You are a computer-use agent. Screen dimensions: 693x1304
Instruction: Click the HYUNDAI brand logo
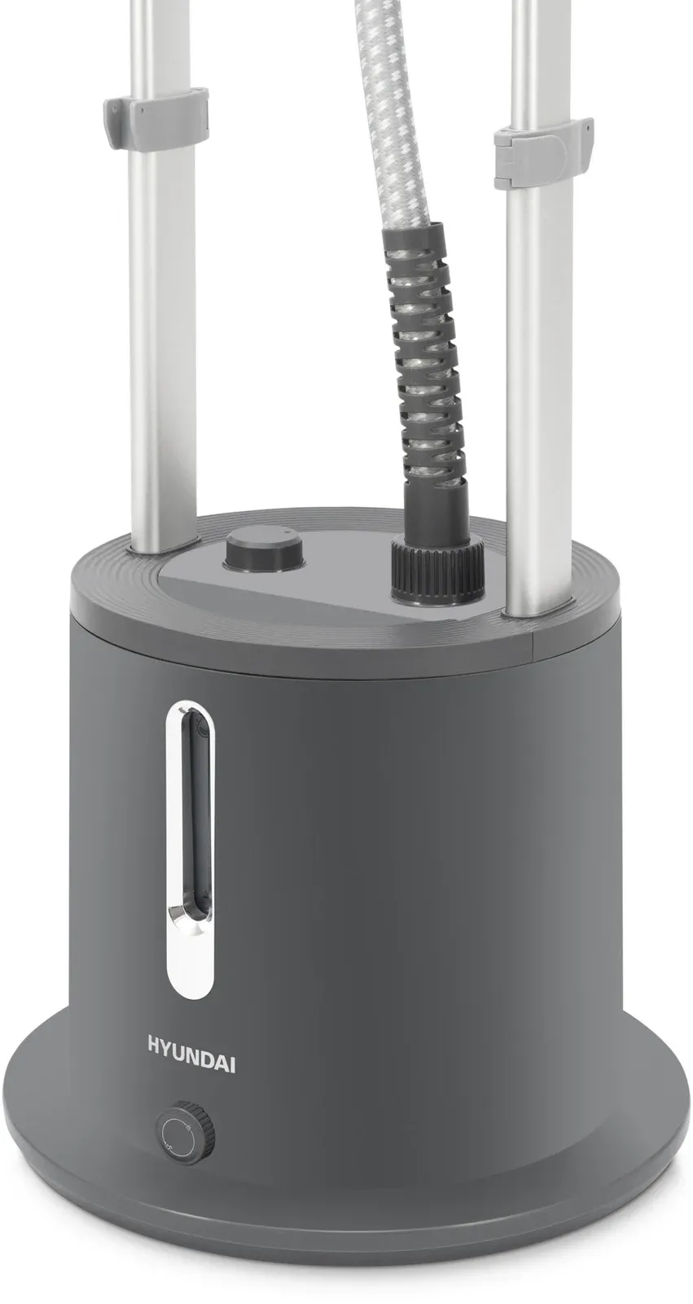click(x=191, y=1062)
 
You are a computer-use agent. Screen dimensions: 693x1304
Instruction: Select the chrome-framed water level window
click(x=190, y=851)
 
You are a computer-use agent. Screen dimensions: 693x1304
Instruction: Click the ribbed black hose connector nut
click(x=437, y=571)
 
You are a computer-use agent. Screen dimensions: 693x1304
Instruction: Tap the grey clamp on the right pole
click(x=543, y=152)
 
